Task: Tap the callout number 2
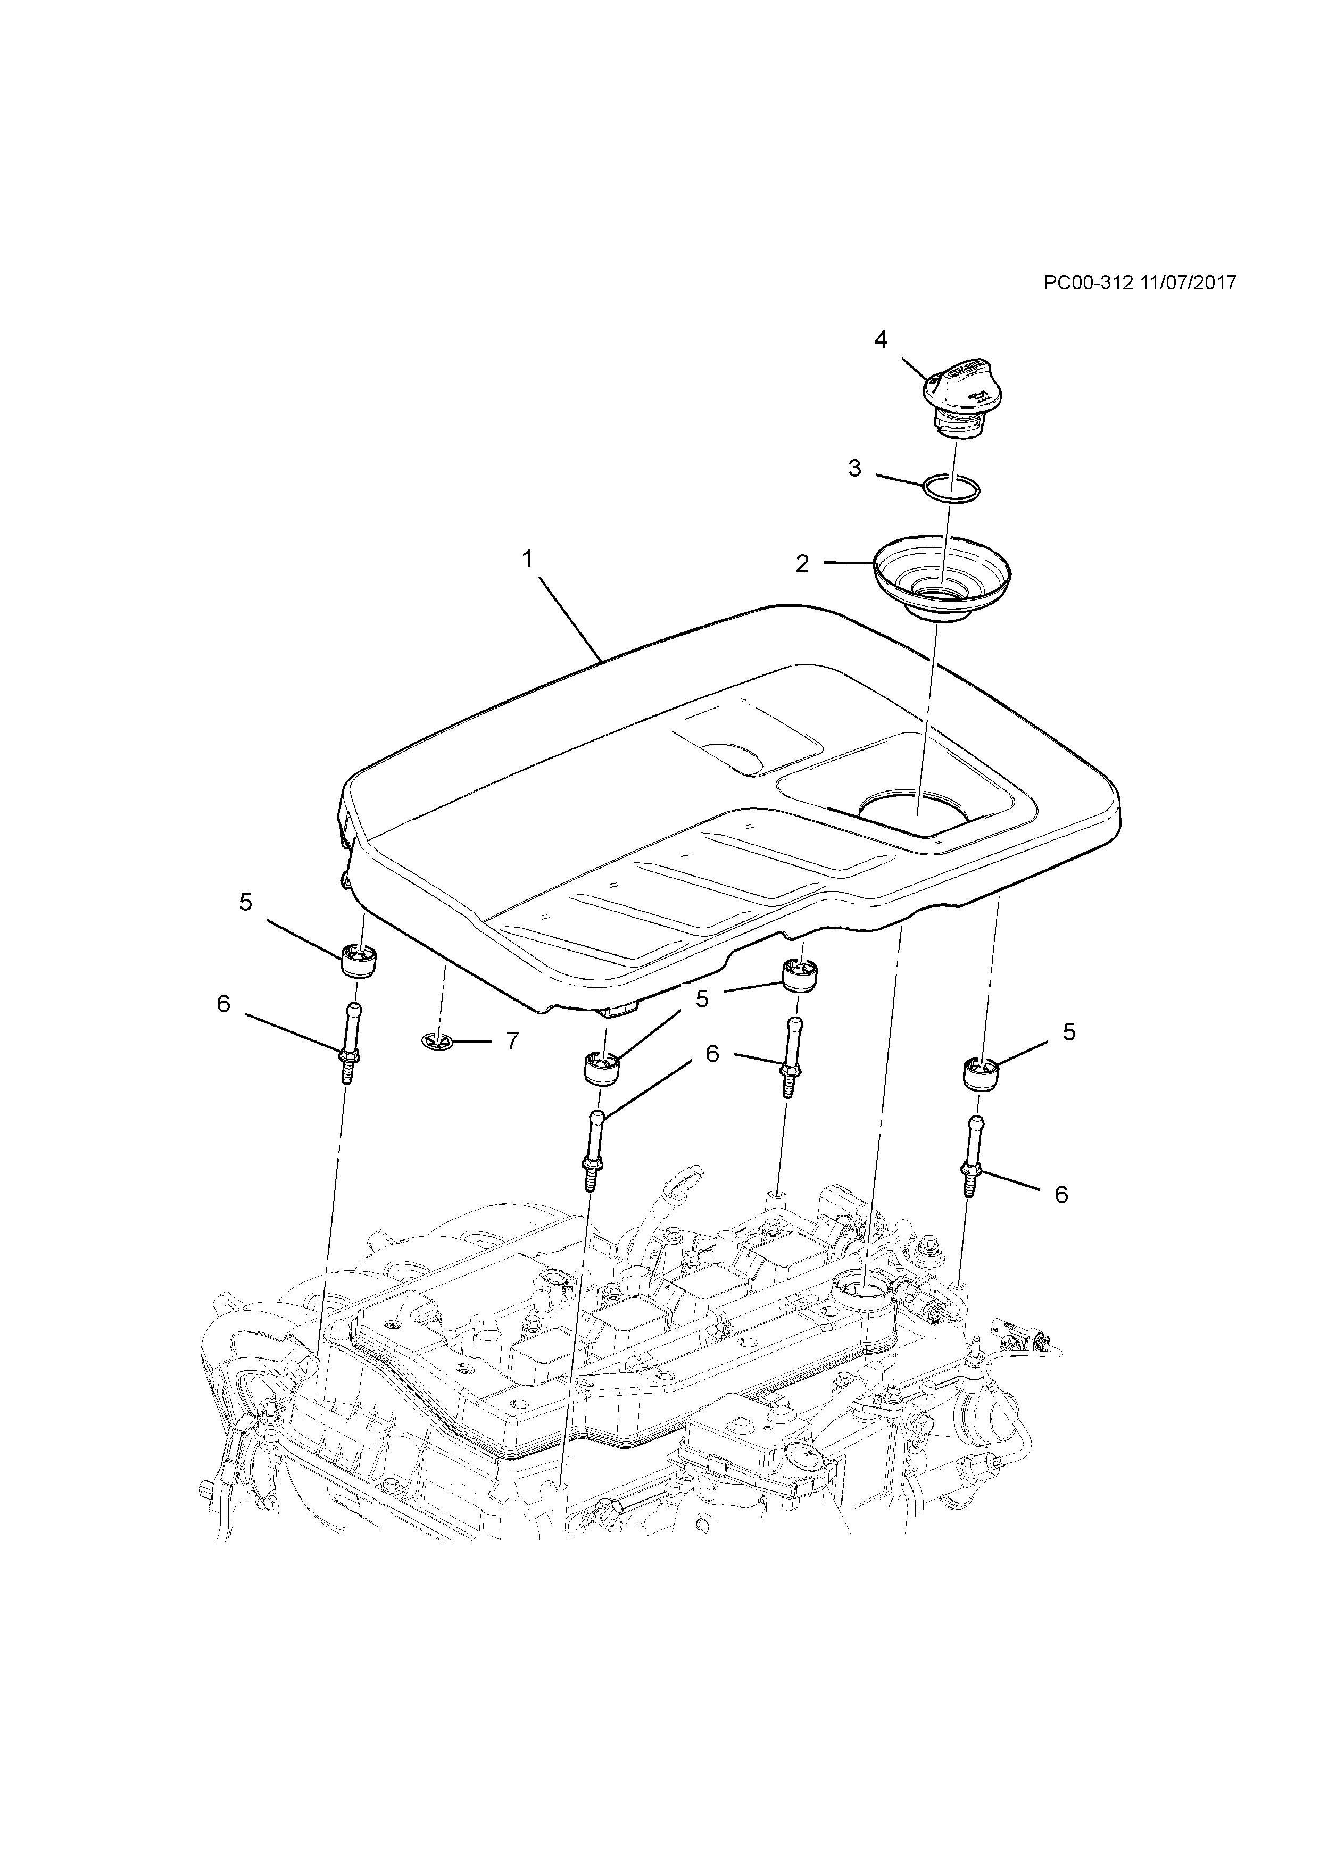tap(802, 564)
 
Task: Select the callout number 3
tap(854, 469)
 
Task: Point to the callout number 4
tap(881, 340)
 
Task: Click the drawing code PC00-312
tap(1089, 283)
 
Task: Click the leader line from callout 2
tap(849, 562)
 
